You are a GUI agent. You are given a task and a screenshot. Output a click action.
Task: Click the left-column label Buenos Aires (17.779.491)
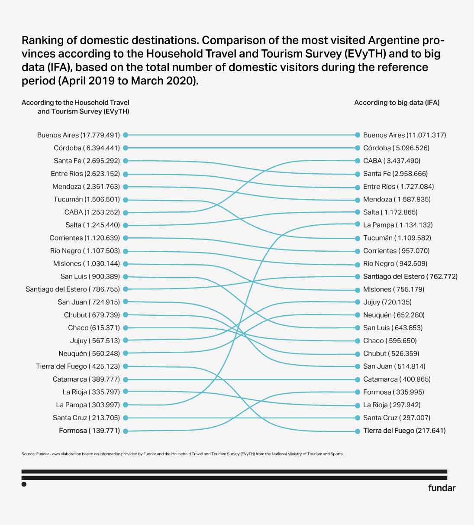[x=78, y=135]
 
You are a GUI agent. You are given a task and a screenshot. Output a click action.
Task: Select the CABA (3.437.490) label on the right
[x=392, y=161]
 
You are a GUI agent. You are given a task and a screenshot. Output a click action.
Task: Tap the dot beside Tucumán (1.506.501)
[x=125, y=200]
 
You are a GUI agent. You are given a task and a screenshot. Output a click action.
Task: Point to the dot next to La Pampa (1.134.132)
[x=358, y=224]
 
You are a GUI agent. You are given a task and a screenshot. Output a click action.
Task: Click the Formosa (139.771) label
[x=89, y=431]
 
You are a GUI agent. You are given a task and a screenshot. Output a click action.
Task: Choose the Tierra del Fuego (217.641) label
[x=404, y=431]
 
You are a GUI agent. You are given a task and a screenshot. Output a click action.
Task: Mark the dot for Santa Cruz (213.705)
[x=125, y=418]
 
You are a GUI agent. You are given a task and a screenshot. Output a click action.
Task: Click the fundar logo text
[x=442, y=488]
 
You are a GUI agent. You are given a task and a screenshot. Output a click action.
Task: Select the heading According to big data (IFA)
[x=397, y=103]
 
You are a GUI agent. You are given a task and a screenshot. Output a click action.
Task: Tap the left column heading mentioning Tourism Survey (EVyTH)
[x=76, y=107]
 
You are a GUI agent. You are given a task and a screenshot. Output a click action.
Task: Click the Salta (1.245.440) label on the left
[x=93, y=225]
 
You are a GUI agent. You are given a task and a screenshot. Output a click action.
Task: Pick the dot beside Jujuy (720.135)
[x=358, y=302]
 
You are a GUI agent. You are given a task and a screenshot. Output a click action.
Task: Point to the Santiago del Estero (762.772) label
[x=410, y=276]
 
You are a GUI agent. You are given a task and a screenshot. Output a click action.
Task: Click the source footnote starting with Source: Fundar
[x=182, y=454]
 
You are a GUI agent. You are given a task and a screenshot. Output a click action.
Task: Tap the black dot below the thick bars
[x=24, y=484]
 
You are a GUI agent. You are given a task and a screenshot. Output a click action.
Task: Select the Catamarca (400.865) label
[x=397, y=379]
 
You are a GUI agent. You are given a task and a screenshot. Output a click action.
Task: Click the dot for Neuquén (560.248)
[x=125, y=353]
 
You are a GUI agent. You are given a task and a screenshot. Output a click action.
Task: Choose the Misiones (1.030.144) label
[x=87, y=264]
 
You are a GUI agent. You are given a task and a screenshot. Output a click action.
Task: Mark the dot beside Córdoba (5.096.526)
[x=358, y=148]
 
